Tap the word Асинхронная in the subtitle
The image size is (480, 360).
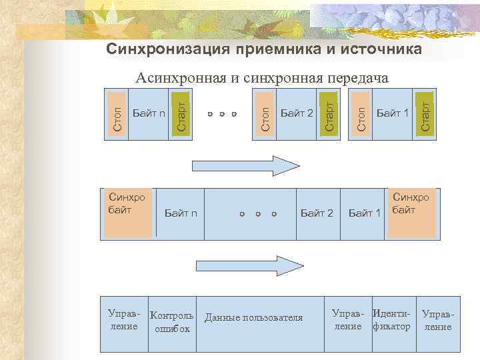point(181,79)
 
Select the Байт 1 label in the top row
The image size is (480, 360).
point(393,113)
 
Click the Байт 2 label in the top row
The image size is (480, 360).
point(297,113)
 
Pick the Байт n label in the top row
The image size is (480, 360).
point(149,113)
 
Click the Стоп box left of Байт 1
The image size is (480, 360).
point(361,113)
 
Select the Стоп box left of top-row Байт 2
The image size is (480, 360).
point(265,113)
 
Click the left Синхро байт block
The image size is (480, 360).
point(127,213)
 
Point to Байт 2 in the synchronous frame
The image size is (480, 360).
point(317,213)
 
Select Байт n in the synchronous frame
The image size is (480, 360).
point(180,213)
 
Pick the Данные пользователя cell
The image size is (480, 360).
point(253,317)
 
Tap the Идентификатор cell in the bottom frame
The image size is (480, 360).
point(391,320)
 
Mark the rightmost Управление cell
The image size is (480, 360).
point(438,321)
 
